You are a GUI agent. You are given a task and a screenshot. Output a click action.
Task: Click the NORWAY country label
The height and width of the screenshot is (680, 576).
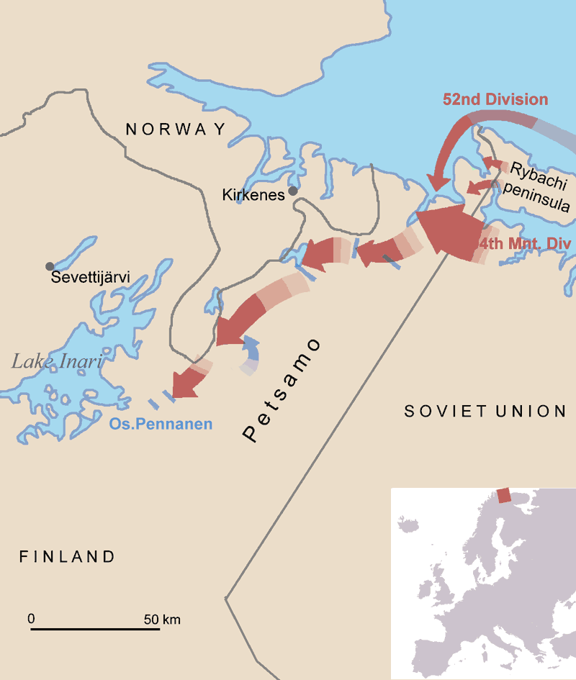pyautogui.click(x=176, y=129)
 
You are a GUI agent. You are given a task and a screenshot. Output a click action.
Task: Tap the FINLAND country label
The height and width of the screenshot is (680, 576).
pyautogui.click(x=67, y=556)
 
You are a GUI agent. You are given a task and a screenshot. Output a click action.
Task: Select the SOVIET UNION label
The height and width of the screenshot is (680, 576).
pyautogui.click(x=485, y=411)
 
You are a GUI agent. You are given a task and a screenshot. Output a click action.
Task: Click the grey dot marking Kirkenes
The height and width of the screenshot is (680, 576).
pyautogui.click(x=293, y=191)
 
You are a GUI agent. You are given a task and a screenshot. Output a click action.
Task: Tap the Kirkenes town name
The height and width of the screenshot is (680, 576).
pyautogui.click(x=253, y=195)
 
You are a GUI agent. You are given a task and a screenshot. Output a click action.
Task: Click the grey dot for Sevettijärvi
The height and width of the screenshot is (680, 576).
pyautogui.click(x=49, y=266)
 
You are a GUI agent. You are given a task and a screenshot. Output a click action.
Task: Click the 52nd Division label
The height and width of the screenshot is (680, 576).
pyautogui.click(x=495, y=100)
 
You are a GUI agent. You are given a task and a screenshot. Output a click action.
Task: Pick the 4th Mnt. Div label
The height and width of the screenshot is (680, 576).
pyautogui.click(x=526, y=244)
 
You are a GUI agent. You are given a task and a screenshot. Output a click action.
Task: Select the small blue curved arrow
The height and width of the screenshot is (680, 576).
pyautogui.click(x=250, y=353)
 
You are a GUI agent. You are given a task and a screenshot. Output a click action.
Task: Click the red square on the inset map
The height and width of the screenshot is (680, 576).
pyautogui.click(x=504, y=495)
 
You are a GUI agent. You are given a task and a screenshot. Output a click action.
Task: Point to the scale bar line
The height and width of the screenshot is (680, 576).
pyautogui.click(x=95, y=630)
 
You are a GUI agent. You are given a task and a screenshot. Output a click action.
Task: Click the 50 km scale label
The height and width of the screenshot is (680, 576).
pyautogui.click(x=161, y=618)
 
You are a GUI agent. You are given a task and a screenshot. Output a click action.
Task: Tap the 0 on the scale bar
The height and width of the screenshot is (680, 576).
pyautogui.click(x=31, y=618)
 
